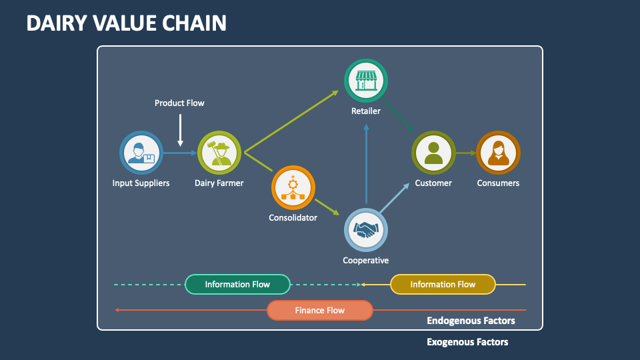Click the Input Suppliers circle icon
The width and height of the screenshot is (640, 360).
pyautogui.click(x=141, y=153)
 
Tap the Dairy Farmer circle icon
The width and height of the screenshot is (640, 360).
pyautogui.click(x=219, y=153)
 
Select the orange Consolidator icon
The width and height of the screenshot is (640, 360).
pyautogui.click(x=293, y=187)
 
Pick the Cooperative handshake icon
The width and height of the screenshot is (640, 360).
pyautogui.click(x=366, y=231)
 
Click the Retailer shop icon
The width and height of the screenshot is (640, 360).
pyautogui.click(x=366, y=81)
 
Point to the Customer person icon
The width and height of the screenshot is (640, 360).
pyautogui.click(x=433, y=153)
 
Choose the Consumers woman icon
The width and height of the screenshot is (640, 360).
pyautogui.click(x=498, y=153)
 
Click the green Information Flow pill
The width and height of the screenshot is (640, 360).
pyautogui.click(x=237, y=285)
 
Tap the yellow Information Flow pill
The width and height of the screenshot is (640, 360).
pyautogui.click(x=443, y=285)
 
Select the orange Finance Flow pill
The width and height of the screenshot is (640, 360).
pyautogui.click(x=320, y=310)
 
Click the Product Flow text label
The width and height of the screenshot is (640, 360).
pyautogui.click(x=179, y=103)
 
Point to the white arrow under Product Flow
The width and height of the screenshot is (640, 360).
pyautogui.click(x=180, y=129)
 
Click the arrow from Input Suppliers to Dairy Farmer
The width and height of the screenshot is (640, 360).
pyautogui.click(x=180, y=153)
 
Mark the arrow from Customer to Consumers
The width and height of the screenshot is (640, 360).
pyautogui.click(x=465, y=153)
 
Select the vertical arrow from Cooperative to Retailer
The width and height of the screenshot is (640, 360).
pyautogui.click(x=366, y=163)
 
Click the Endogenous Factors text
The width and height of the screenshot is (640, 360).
pyautogui.click(x=471, y=321)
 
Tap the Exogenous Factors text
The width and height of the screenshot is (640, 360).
pyautogui.click(x=467, y=342)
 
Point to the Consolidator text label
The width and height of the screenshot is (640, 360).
pyautogui.click(x=293, y=217)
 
